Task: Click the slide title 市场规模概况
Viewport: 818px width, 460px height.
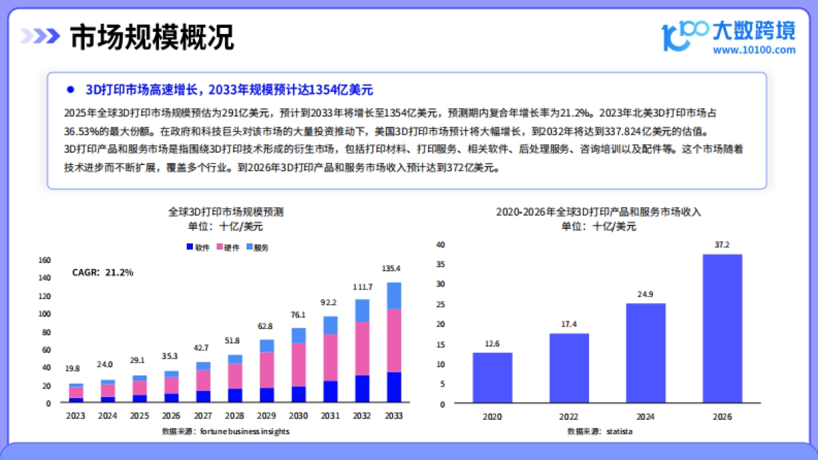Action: [152, 37]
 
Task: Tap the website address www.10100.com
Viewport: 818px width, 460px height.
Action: [754, 50]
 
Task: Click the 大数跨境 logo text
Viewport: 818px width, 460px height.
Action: [753, 30]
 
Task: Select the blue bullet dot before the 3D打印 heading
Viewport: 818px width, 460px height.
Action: [70, 90]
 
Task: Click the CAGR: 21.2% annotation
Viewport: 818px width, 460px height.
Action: [103, 273]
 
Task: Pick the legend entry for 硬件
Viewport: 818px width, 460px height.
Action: [228, 248]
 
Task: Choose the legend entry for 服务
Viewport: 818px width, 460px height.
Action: [257, 248]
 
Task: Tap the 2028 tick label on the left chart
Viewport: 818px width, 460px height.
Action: [234, 415]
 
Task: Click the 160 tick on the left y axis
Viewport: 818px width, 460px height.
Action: [45, 260]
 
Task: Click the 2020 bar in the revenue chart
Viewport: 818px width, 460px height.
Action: [492, 378]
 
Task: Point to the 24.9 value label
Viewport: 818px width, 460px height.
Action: [646, 294]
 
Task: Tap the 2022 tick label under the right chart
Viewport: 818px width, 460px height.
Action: [569, 416]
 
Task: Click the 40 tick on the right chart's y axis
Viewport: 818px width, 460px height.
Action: [440, 245]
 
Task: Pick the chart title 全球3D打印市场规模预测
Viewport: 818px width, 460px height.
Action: [226, 212]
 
